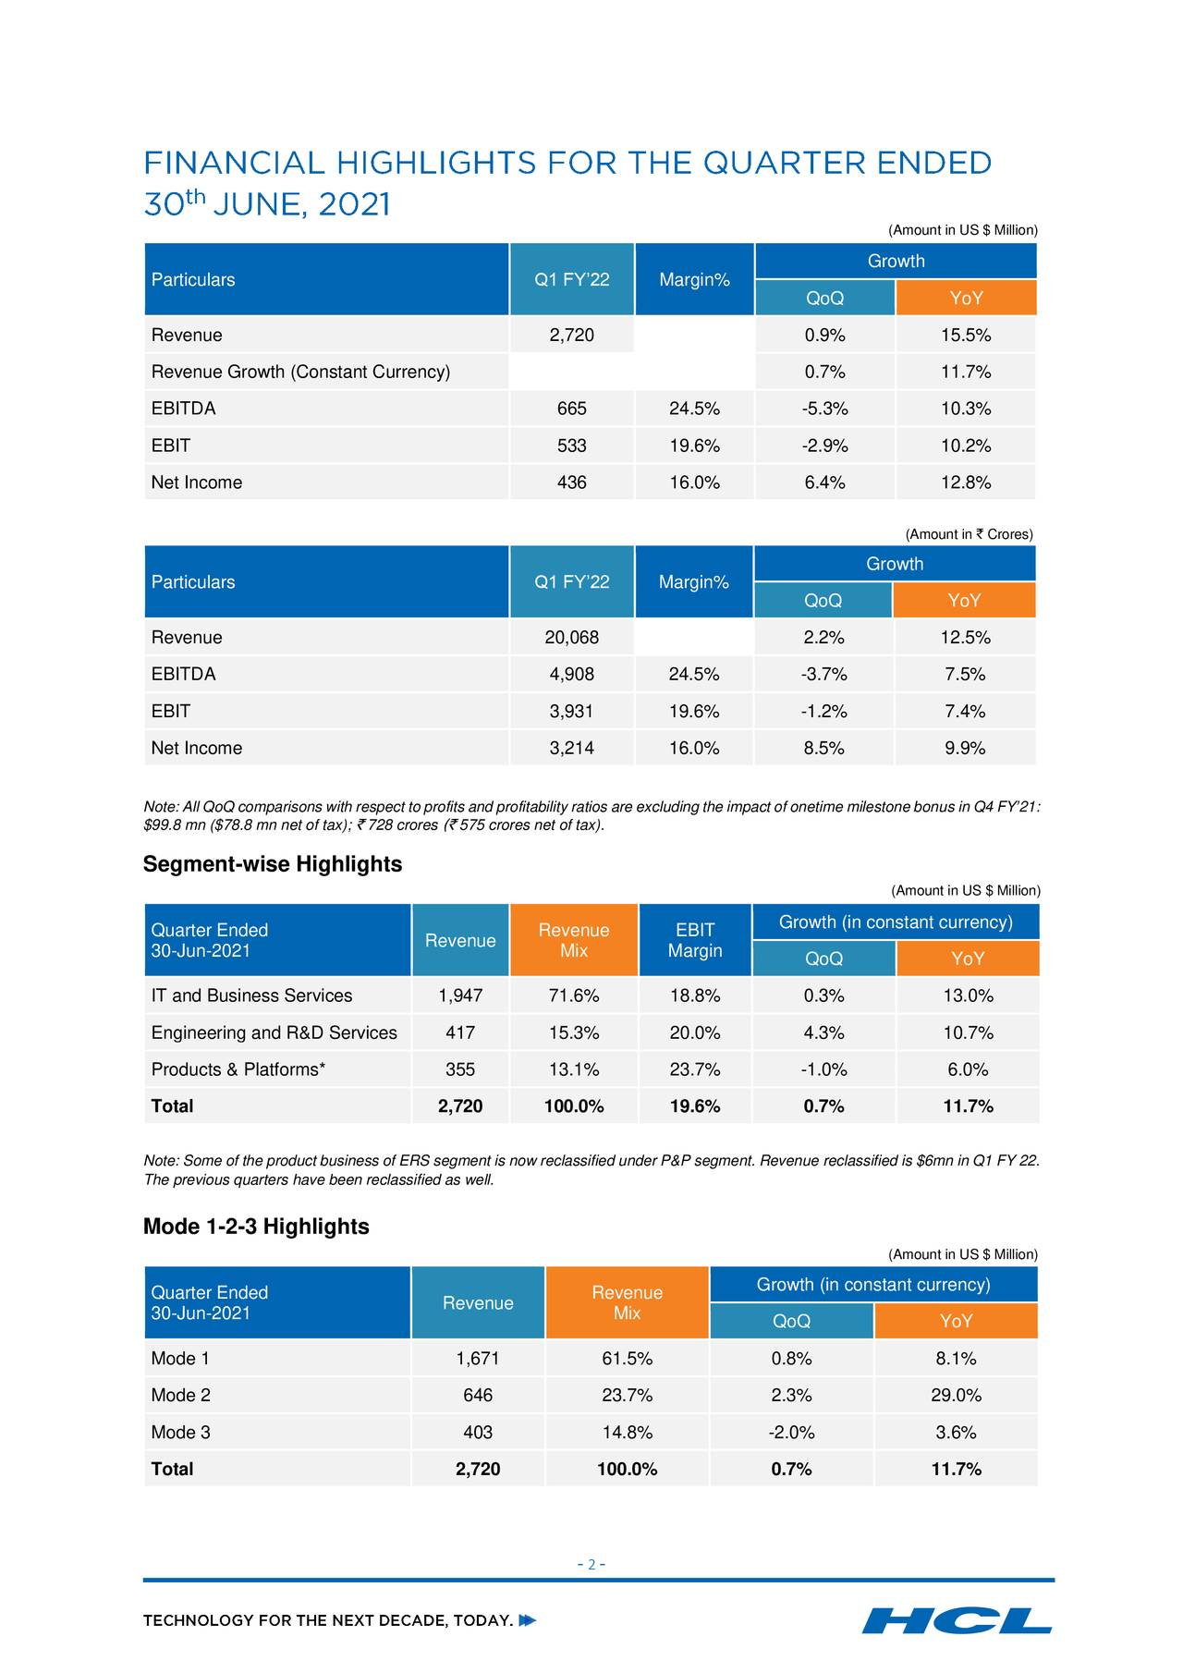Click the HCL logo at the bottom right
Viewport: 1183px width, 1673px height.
click(x=957, y=1620)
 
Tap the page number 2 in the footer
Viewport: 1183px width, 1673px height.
click(x=591, y=1565)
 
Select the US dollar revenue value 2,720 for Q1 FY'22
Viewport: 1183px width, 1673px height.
click(x=572, y=335)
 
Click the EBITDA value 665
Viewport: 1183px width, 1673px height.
click(x=572, y=409)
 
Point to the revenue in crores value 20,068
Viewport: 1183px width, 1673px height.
click(x=572, y=637)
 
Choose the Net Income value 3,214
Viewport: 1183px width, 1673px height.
click(x=572, y=748)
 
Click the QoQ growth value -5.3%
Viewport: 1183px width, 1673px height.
click(x=824, y=409)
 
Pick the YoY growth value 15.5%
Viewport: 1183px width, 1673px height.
click(x=966, y=335)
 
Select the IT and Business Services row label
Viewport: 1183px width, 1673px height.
click(x=251, y=995)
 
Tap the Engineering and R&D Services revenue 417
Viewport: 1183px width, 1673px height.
click(x=460, y=1032)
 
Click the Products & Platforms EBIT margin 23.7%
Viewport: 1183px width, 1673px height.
click(x=695, y=1069)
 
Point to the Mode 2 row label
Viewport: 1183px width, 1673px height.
click(x=180, y=1395)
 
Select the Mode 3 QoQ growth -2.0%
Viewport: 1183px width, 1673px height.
click(x=791, y=1432)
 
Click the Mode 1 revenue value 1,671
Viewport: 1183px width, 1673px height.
click(x=478, y=1358)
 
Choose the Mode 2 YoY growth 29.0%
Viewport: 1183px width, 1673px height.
click(x=956, y=1395)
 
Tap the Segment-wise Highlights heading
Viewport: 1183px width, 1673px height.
click(x=273, y=864)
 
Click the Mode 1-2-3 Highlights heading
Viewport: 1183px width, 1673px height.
click(x=256, y=1227)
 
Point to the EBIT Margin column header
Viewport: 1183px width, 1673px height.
click(x=695, y=940)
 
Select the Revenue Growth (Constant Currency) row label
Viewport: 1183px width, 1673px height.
click(x=300, y=372)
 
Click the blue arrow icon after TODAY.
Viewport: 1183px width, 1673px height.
click(x=528, y=1620)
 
